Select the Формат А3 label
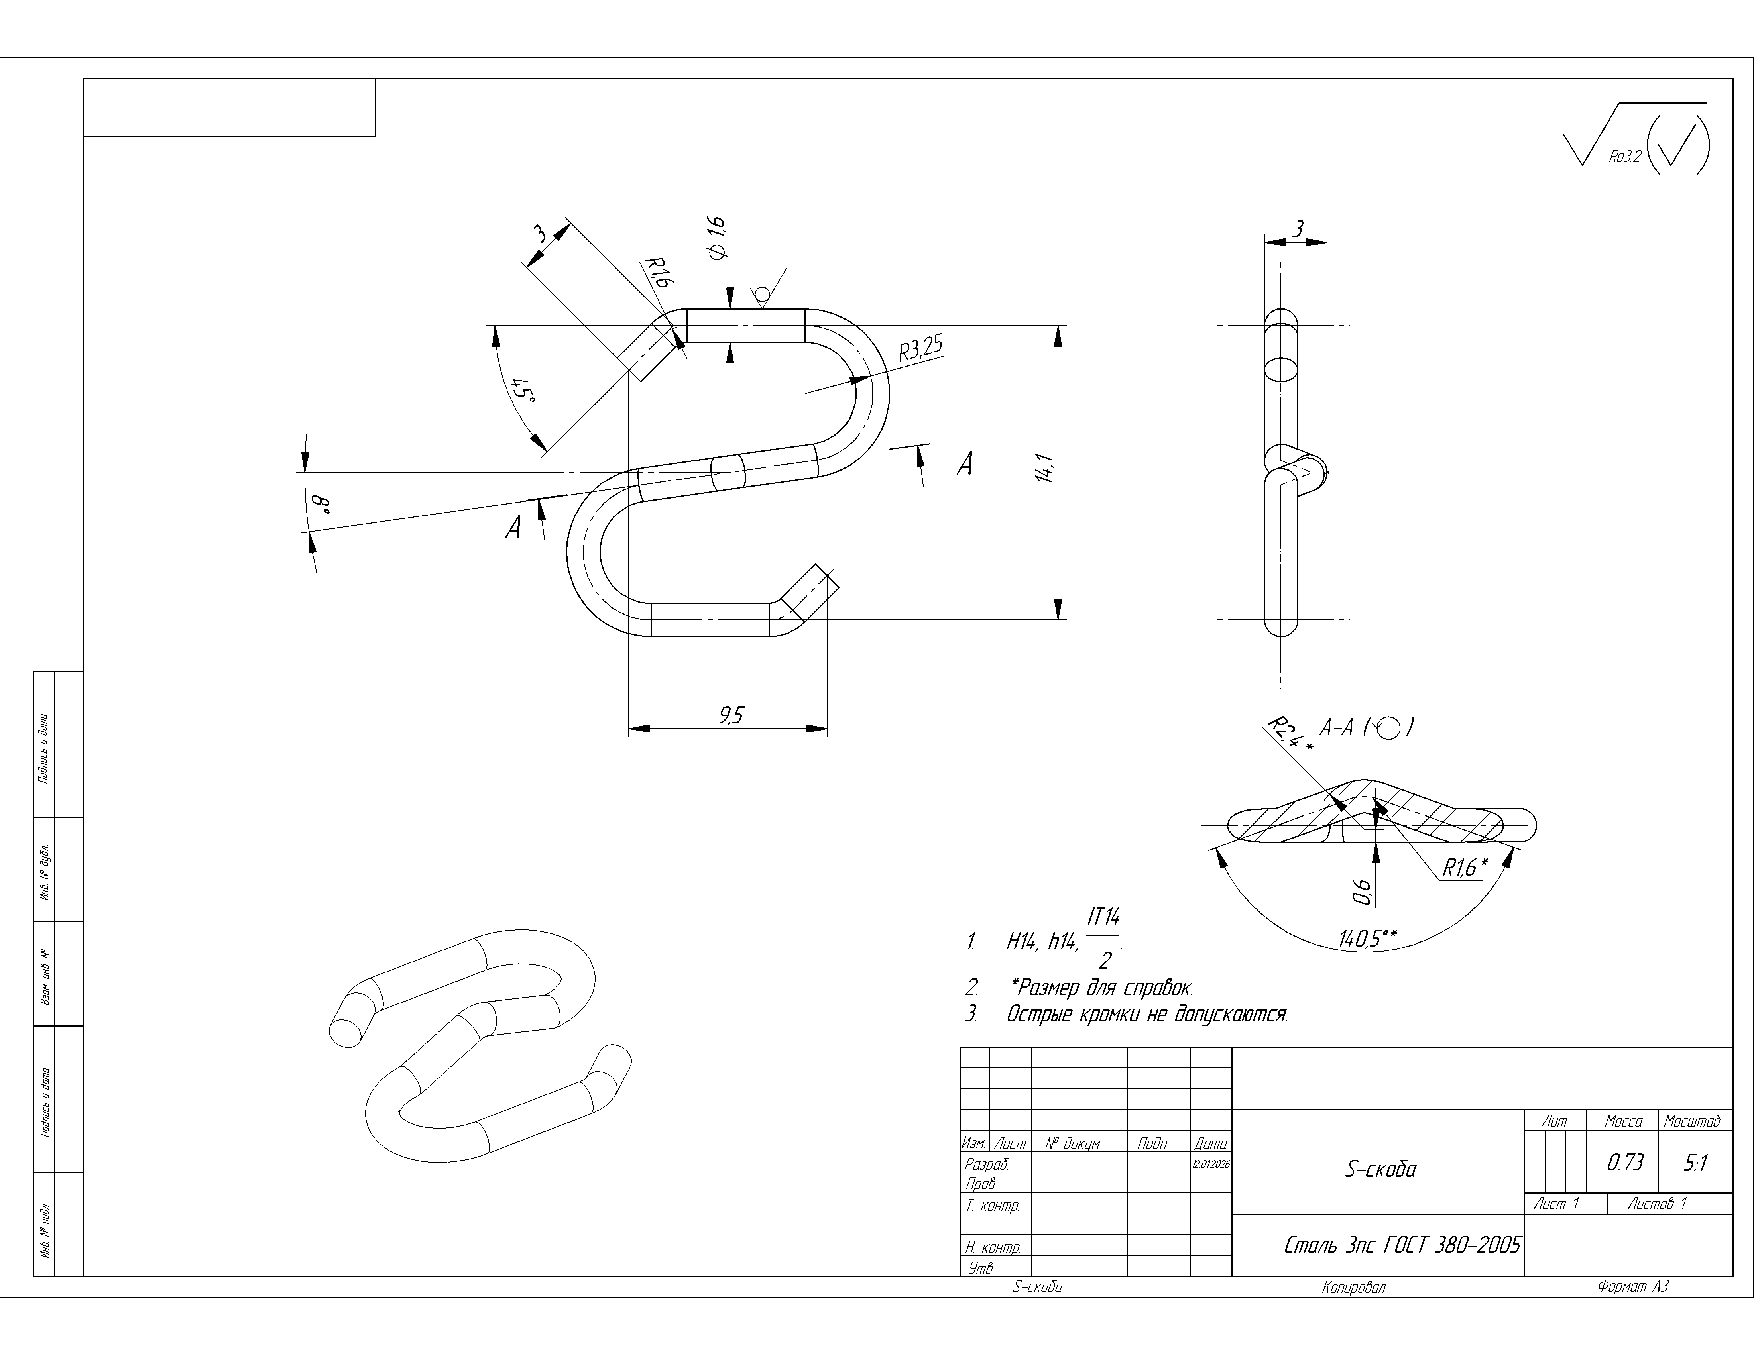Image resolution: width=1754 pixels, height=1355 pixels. pos(1633,1287)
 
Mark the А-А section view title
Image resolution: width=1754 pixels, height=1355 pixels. pos(1336,727)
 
